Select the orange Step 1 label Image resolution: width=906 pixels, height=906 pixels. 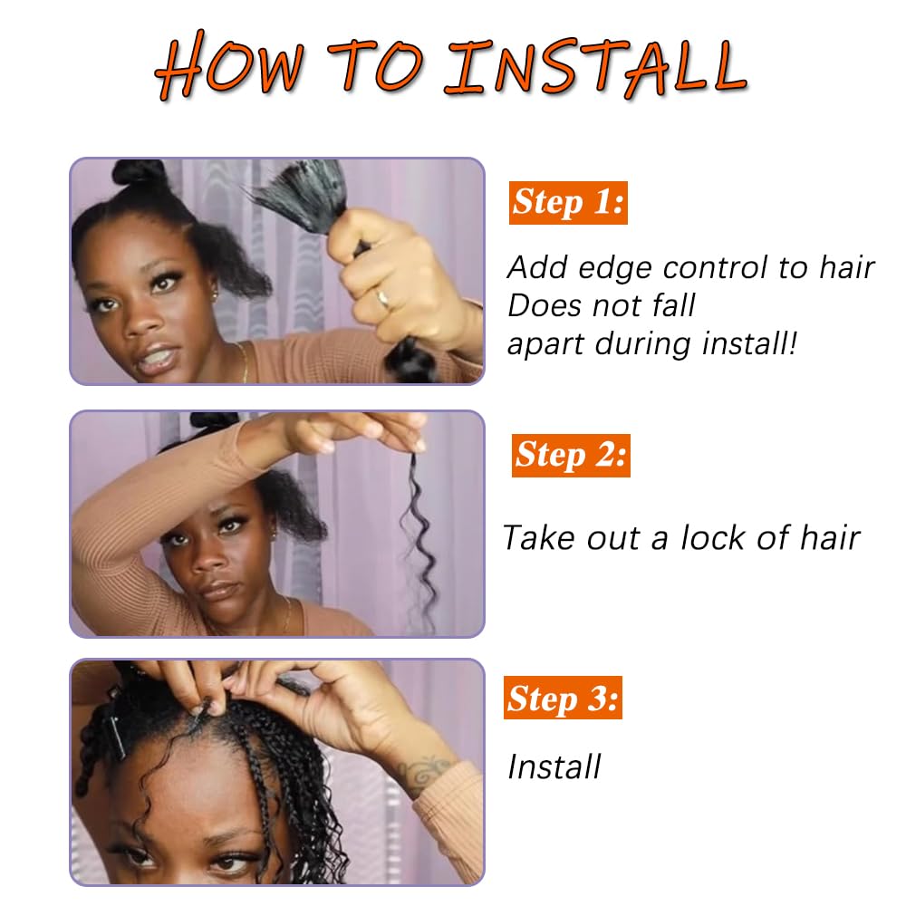pyautogui.click(x=568, y=203)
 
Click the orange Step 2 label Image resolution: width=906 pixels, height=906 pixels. pyautogui.click(x=571, y=456)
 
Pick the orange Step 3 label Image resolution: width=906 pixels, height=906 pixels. pyautogui.click(x=563, y=698)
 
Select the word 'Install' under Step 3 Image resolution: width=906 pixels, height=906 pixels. pyautogui.click(x=554, y=767)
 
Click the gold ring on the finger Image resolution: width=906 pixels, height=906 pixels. pyautogui.click(x=383, y=299)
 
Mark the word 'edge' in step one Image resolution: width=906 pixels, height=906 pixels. pyautogui.click(x=615, y=269)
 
